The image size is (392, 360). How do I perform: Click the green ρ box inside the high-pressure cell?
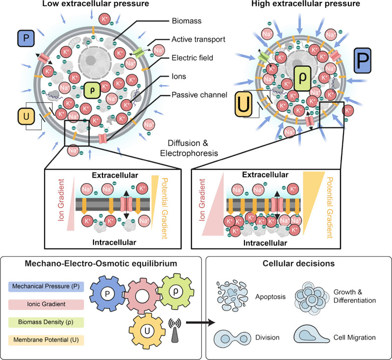coord(302,78)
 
